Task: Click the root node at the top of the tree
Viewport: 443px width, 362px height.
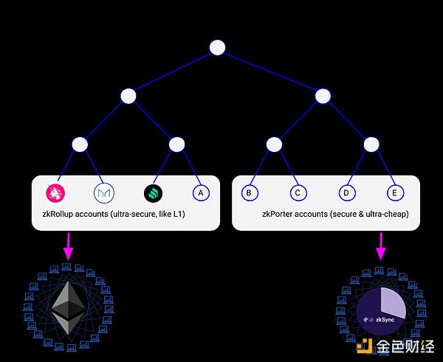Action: (217, 48)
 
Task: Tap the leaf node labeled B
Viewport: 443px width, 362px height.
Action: (250, 193)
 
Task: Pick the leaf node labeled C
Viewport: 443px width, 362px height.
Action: (297, 193)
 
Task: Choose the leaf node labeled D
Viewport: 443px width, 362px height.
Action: (346, 193)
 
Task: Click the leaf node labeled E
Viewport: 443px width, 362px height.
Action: (395, 193)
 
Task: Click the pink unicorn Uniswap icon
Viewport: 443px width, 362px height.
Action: (57, 193)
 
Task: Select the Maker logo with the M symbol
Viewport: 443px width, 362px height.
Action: (104, 193)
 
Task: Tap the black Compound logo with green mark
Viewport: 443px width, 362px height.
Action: (153, 193)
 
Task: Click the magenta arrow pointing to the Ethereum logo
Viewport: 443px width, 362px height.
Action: (68, 246)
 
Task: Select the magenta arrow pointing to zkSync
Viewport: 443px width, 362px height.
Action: (381, 246)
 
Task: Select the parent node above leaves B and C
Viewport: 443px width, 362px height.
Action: (274, 145)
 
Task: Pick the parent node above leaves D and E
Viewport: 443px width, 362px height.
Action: (371, 145)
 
